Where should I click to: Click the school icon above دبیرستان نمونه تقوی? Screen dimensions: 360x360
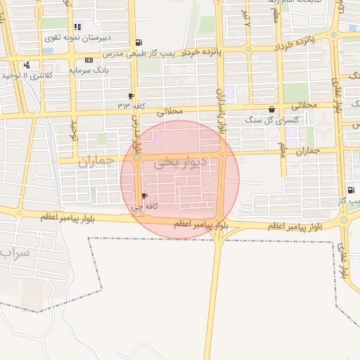pyautogui.click(x=77, y=27)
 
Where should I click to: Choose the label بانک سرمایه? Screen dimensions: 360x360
pyautogui.click(x=88, y=71)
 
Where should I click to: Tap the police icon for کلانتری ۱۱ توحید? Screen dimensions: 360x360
pyautogui.click(x=27, y=65)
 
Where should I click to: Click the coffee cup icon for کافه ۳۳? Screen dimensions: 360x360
pyautogui.click(x=131, y=96)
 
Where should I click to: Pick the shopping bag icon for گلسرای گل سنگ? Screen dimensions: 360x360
pyautogui.click(x=272, y=109)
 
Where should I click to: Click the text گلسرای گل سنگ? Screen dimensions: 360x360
pyautogui.click(x=266, y=120)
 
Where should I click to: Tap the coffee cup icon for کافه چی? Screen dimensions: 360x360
pyautogui.click(x=145, y=196)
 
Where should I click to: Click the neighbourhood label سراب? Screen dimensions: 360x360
pyautogui.click(x=14, y=252)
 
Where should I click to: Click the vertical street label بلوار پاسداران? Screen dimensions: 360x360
pyautogui.click(x=222, y=112)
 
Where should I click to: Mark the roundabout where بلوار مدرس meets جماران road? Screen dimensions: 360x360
pyautogui.click(x=136, y=158)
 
